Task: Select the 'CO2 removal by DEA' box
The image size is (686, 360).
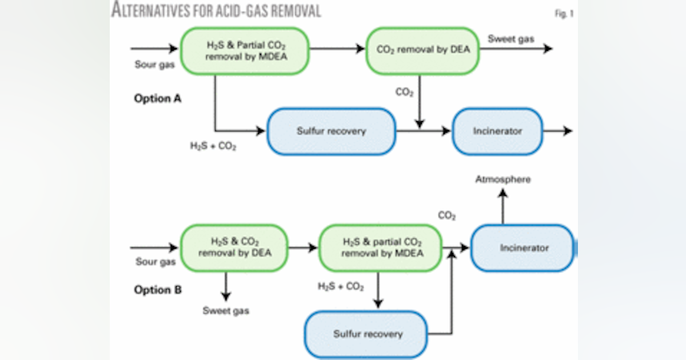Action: [422, 50]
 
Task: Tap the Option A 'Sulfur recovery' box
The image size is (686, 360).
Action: [331, 131]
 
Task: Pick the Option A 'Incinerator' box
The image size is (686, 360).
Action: [497, 131]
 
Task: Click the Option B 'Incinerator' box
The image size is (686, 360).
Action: [522, 248]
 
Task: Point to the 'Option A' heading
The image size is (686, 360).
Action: [158, 98]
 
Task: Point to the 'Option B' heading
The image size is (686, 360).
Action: [158, 290]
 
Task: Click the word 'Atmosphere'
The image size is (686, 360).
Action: [503, 179]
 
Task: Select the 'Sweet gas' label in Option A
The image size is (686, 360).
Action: [511, 39]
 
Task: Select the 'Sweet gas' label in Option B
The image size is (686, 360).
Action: [226, 311]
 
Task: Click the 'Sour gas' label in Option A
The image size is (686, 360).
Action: [155, 65]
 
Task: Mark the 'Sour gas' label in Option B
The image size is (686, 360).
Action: [155, 262]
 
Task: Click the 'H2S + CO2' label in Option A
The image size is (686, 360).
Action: [213, 146]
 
